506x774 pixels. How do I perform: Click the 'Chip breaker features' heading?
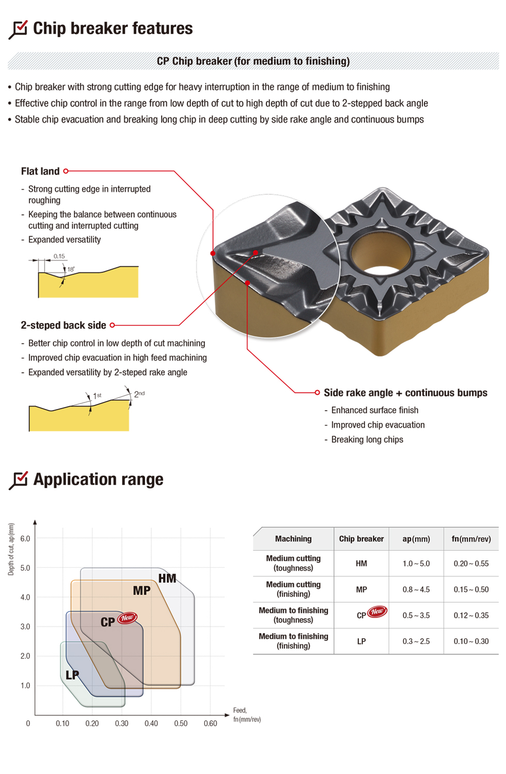click(113, 28)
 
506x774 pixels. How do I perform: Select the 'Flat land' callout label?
click(40, 171)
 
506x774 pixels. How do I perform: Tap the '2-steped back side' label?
click(63, 325)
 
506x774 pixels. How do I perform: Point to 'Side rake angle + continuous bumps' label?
click(405, 393)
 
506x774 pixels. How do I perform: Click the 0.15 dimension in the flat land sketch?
click(59, 256)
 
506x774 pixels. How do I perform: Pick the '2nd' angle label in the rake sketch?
click(139, 394)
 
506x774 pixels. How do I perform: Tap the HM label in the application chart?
click(167, 578)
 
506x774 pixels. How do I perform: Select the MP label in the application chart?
click(141, 591)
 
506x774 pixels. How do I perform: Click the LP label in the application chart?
click(72, 675)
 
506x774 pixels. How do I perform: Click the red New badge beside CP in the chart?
click(127, 618)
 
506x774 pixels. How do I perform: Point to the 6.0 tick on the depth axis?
click(25, 539)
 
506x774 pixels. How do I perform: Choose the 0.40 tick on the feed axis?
click(151, 723)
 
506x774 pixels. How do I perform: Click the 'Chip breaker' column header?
click(361, 539)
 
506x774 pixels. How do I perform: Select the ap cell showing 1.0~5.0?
click(416, 563)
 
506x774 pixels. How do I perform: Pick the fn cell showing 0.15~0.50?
click(471, 589)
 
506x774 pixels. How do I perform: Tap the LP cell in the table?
click(361, 641)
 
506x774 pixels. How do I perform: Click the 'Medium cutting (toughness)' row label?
click(293, 563)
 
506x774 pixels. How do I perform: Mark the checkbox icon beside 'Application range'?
click(19, 479)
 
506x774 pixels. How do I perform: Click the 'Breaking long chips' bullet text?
click(367, 440)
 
